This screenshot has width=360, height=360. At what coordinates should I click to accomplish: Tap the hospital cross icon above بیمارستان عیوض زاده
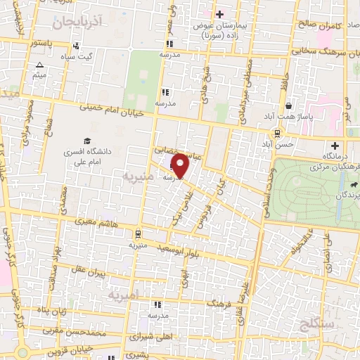220,14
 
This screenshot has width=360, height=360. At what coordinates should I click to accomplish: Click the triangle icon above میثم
39,65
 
